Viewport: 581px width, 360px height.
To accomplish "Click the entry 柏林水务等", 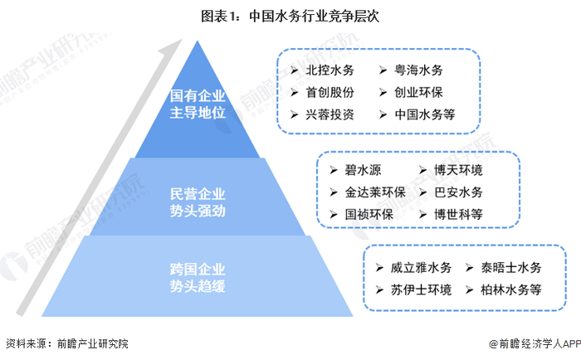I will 512,289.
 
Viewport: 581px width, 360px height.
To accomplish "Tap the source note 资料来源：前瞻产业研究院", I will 67,343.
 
